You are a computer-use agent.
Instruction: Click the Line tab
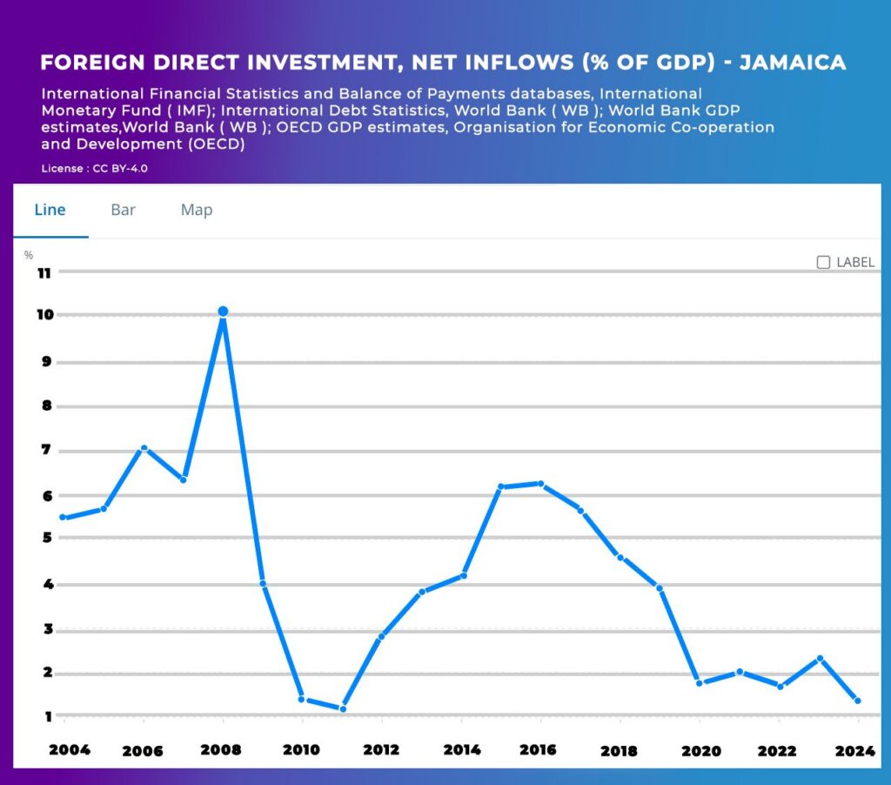click(50, 210)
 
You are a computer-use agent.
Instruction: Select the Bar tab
click(123, 210)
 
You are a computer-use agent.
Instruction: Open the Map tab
click(197, 211)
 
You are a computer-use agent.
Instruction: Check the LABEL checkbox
click(823, 262)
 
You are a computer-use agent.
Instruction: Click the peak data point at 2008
click(224, 311)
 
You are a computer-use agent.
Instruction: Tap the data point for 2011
click(343, 708)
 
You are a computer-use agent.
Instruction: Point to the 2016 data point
click(541, 484)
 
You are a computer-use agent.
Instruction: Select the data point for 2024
click(858, 701)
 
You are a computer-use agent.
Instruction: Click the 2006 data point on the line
click(144, 448)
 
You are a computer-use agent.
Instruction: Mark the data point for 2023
click(820, 658)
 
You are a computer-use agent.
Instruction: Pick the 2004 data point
click(63, 517)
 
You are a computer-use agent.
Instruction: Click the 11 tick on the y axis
click(44, 273)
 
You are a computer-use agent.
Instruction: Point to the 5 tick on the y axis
click(47, 537)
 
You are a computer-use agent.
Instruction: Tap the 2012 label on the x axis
click(381, 750)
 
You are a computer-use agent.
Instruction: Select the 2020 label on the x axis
click(701, 751)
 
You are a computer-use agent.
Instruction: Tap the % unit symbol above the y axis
click(29, 255)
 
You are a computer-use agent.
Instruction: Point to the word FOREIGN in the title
click(92, 62)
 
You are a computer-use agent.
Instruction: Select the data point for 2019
click(660, 588)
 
